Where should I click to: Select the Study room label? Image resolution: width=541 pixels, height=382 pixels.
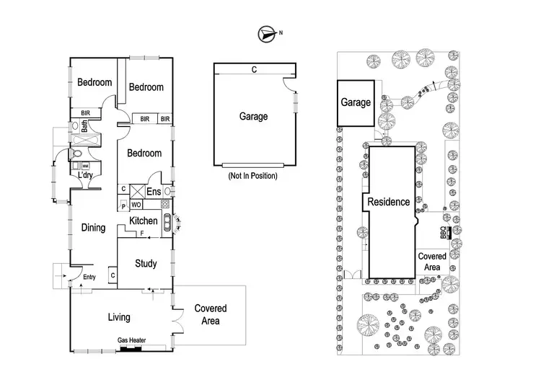(x=146, y=264)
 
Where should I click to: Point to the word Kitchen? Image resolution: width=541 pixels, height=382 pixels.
(x=144, y=221)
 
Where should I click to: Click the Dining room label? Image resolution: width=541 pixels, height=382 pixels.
(x=93, y=228)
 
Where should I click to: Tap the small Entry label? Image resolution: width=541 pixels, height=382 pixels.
(x=89, y=277)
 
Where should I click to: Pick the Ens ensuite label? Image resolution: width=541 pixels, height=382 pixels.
(x=153, y=192)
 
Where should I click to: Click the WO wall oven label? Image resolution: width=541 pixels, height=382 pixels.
(x=135, y=205)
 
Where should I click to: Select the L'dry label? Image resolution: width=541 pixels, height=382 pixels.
(x=87, y=174)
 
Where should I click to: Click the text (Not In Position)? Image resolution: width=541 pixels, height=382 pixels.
(x=252, y=176)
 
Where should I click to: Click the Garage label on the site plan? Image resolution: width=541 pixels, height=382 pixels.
(x=356, y=103)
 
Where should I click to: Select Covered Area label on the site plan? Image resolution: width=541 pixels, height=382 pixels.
(x=432, y=261)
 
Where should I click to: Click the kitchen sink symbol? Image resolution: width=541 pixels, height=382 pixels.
(x=167, y=222)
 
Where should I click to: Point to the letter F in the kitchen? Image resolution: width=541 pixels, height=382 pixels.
(x=141, y=234)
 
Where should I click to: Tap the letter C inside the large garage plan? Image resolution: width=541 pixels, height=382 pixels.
(x=254, y=70)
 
